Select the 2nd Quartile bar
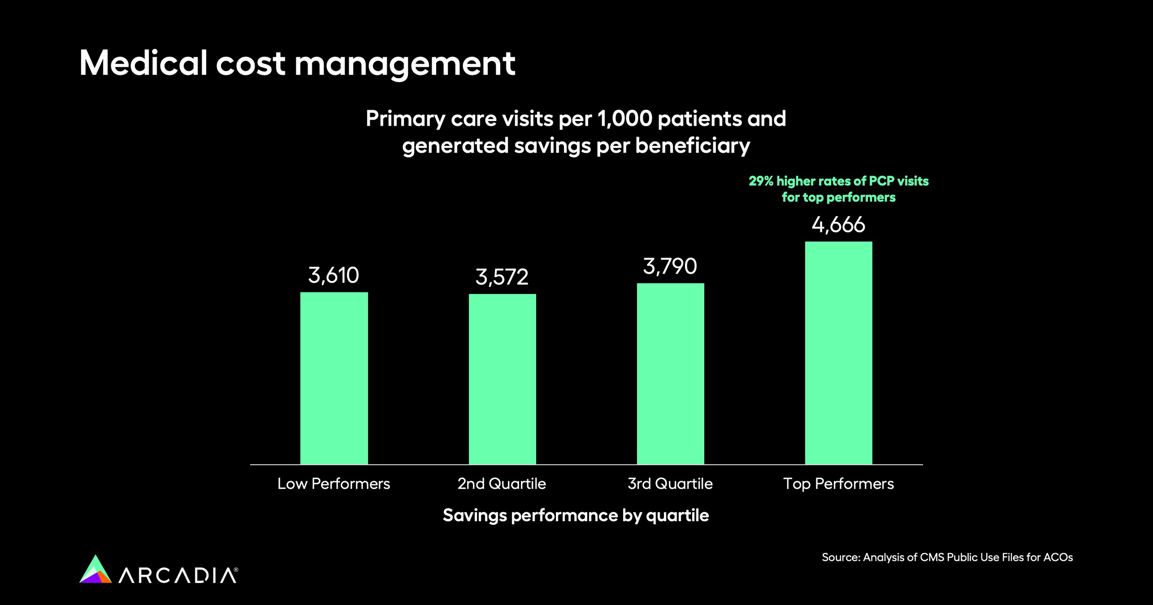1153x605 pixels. point(502,379)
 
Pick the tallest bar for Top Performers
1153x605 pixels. point(838,353)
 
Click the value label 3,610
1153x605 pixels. point(333,275)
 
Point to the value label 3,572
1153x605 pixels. point(502,277)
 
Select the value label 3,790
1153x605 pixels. point(670,266)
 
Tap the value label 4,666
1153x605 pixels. point(838,225)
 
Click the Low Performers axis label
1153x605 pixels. point(333,484)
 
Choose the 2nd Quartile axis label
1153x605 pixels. point(502,484)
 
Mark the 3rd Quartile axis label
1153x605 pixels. point(670,484)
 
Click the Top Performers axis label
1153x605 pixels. point(838,484)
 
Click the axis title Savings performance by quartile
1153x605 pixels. point(576,515)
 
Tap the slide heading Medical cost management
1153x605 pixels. point(297,63)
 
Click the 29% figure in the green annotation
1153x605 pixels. point(760,181)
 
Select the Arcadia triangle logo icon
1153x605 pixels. point(95,570)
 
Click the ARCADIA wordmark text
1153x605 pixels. point(178,575)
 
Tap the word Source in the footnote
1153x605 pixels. point(840,557)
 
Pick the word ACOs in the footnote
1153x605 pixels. point(1059,557)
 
